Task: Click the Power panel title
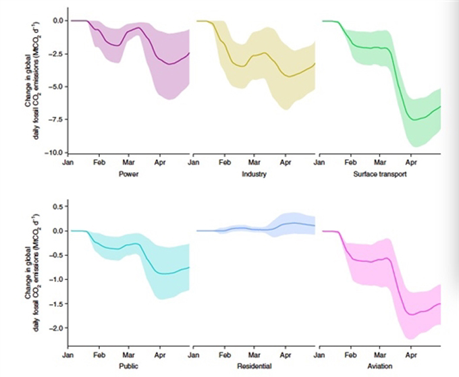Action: point(128,174)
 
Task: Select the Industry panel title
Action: point(252,174)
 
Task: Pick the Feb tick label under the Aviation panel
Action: point(350,353)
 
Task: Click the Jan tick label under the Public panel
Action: point(68,353)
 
